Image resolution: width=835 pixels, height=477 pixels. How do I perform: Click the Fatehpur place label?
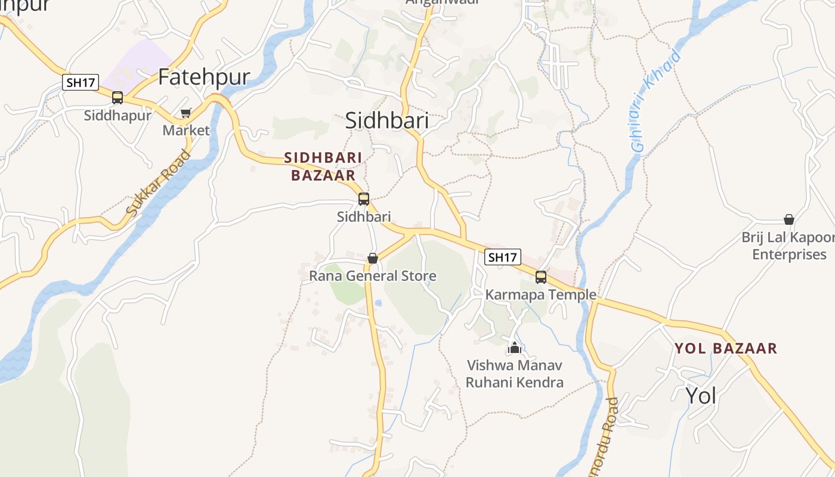(203, 77)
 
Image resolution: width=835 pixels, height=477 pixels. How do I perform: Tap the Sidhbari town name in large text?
(387, 120)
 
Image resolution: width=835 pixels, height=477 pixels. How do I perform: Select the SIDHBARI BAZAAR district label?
(323, 166)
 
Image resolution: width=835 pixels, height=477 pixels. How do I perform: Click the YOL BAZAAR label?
(726, 348)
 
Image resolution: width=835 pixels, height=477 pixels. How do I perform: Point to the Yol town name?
(701, 395)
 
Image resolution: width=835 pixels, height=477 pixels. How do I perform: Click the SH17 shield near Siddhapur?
(81, 82)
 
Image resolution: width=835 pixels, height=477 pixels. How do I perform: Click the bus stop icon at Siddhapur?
(117, 98)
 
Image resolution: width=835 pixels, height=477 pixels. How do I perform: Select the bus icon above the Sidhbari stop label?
(364, 199)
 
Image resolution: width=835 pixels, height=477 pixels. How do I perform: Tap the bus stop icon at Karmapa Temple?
(541, 277)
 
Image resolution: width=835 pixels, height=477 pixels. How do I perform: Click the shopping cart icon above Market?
(186, 113)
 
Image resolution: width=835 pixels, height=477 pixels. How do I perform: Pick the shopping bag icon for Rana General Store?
(373, 258)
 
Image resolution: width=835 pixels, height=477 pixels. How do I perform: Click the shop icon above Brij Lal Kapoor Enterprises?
(789, 219)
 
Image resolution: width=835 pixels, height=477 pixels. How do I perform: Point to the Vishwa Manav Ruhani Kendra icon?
(515, 347)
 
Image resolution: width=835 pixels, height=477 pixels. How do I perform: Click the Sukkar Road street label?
(158, 182)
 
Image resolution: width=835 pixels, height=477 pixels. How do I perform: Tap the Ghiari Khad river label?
(656, 101)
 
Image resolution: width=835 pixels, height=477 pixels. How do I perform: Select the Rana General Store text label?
(373, 276)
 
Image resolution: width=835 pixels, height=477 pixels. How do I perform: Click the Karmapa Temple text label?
(541, 295)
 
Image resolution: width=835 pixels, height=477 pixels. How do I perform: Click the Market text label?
(186, 130)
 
